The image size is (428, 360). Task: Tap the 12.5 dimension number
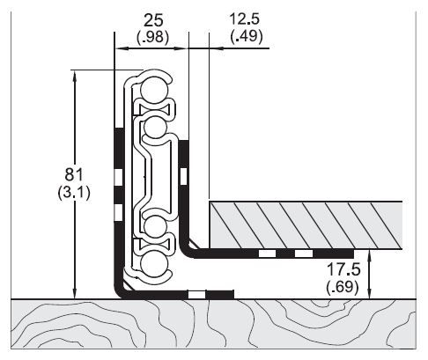coord(245,18)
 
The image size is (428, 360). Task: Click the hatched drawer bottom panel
coord(304,224)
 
